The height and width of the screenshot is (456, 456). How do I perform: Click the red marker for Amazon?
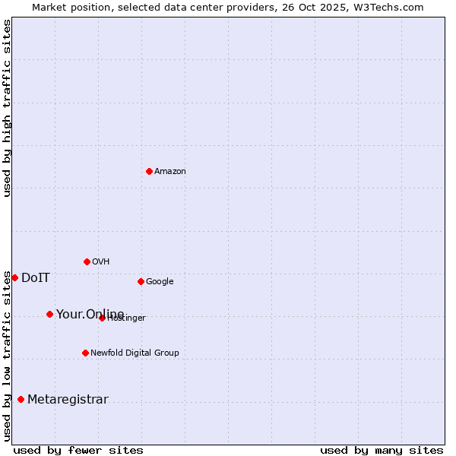pyautogui.click(x=149, y=171)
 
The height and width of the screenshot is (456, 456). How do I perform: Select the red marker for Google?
pyautogui.click(x=141, y=281)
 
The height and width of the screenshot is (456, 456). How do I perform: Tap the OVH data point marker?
pyautogui.click(x=87, y=261)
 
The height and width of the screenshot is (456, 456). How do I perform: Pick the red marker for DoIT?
pyautogui.click(x=14, y=277)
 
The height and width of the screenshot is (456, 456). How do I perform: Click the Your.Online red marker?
pyautogui.click(x=49, y=314)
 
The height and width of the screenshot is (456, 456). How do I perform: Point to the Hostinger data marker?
pyautogui.click(x=102, y=318)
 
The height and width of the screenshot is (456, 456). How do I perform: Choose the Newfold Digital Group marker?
pyautogui.click(x=85, y=353)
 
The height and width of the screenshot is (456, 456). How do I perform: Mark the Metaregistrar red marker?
pyautogui.click(x=21, y=399)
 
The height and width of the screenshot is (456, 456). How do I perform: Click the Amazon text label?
pyautogui.click(x=170, y=172)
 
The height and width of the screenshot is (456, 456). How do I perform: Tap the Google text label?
pyautogui.click(x=160, y=282)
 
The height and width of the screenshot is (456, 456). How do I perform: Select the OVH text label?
pyautogui.click(x=101, y=262)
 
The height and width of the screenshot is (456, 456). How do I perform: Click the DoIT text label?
pyautogui.click(x=36, y=278)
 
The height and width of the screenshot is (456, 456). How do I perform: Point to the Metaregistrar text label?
pyautogui.click(x=68, y=400)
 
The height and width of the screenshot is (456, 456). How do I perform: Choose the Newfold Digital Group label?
pyautogui.click(x=135, y=353)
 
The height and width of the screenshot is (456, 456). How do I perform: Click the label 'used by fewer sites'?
pyautogui.click(x=78, y=450)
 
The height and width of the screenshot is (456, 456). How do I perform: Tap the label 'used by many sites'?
pyautogui.click(x=382, y=450)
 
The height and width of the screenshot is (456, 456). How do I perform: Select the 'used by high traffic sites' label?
pyautogui.click(x=7, y=108)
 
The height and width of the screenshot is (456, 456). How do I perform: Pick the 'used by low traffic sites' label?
pyautogui.click(x=7, y=355)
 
